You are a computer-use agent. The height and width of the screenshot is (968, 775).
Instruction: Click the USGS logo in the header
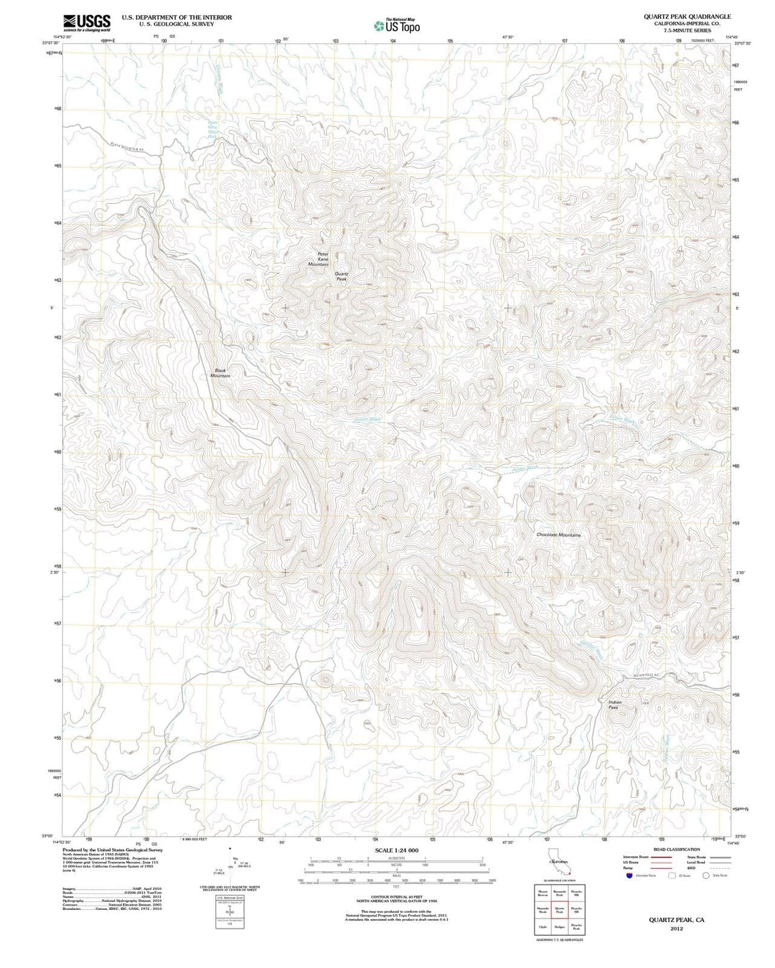[x=87, y=23]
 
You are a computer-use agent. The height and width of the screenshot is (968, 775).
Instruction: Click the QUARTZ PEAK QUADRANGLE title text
[x=677, y=16]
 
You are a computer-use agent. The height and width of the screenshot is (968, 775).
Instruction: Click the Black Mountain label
[x=220, y=373]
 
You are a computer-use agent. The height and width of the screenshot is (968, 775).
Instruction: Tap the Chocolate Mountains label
[x=558, y=535]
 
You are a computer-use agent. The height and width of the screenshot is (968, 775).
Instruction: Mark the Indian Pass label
[x=614, y=704]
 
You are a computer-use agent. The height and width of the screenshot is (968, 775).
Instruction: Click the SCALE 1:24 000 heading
[x=396, y=850]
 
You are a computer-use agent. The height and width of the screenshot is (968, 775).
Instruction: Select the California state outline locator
[x=559, y=865]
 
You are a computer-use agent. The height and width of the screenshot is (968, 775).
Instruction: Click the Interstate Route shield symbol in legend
[x=629, y=875]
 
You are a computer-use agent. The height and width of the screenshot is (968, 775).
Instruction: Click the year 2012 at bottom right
[x=676, y=929]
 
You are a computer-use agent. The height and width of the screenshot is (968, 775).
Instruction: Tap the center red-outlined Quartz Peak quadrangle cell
[x=559, y=911]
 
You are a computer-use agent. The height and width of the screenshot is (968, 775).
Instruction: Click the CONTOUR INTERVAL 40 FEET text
[x=396, y=896]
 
